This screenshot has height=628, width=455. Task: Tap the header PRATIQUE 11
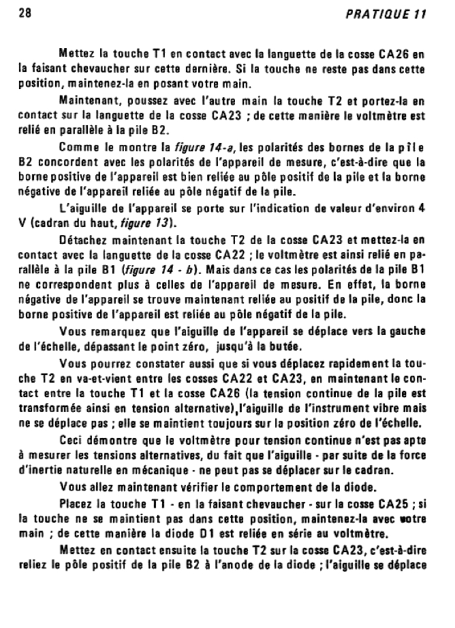pyautogui.click(x=393, y=14)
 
